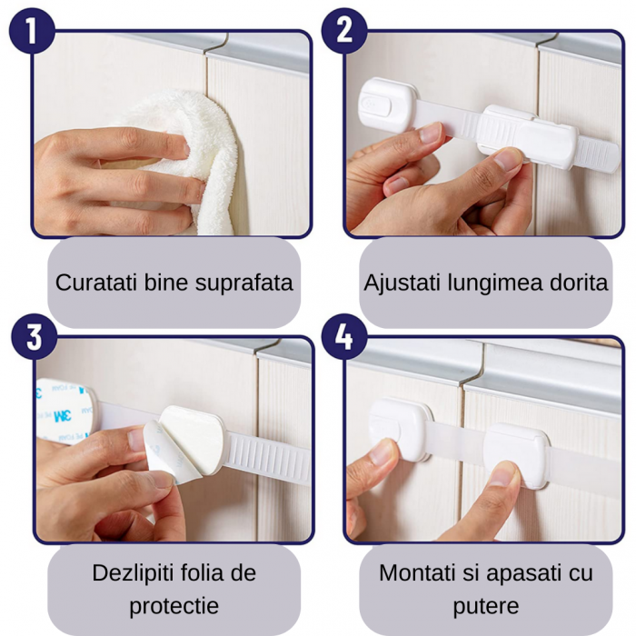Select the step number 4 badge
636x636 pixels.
[x=343, y=336]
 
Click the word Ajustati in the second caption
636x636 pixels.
[x=396, y=283]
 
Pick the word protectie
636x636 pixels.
[x=174, y=606]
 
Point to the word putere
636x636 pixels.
[x=485, y=606]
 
